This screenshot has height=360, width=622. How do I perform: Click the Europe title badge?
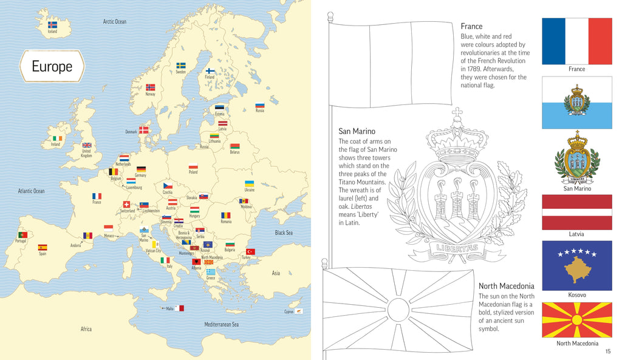[x=52, y=66]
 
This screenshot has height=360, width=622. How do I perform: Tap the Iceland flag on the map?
[x=52, y=25]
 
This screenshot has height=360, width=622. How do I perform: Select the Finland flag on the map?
[x=210, y=71]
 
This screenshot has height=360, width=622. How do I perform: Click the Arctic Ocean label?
[x=115, y=22]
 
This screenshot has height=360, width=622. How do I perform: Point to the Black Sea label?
[x=284, y=233]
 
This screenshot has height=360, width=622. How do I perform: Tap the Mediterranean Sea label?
[x=221, y=324]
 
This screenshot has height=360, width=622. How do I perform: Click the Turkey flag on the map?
[x=250, y=251]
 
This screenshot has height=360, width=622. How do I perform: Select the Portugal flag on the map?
[x=22, y=234]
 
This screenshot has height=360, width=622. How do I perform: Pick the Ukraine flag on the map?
[x=249, y=183]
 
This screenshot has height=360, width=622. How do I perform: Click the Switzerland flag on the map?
[x=127, y=205]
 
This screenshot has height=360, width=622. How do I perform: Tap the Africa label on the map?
[x=86, y=329]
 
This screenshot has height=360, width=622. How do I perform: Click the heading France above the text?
[x=471, y=26]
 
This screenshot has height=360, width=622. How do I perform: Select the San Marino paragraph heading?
[x=357, y=131]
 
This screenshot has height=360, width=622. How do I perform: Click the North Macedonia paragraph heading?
[x=506, y=286]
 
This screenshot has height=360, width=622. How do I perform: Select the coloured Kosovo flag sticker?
[x=576, y=265]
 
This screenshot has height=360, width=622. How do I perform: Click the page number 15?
[x=608, y=352]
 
